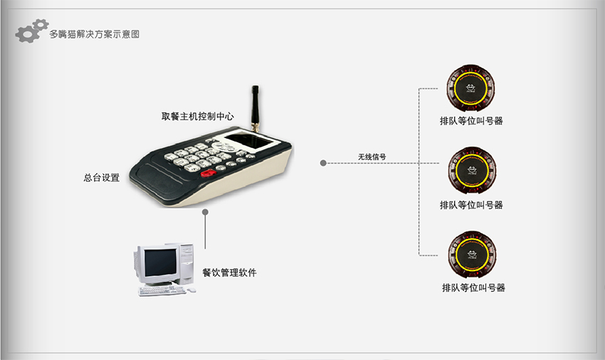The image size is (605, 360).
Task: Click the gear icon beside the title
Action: [x=31, y=31]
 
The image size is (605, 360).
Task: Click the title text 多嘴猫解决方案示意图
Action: [x=94, y=34]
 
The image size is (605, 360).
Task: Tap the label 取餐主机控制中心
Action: [x=198, y=116]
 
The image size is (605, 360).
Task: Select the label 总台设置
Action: [x=102, y=177]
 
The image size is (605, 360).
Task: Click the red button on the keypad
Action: [x=209, y=174]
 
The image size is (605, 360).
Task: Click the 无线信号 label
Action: [x=372, y=157]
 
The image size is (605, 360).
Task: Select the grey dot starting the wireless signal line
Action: [x=323, y=163]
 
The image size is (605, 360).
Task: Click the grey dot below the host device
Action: [x=205, y=212]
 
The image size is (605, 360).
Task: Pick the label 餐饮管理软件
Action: [x=230, y=272]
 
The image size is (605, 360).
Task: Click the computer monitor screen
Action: [x=160, y=262]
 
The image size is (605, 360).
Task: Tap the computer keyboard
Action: [x=162, y=291]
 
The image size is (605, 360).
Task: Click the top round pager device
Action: [x=470, y=88]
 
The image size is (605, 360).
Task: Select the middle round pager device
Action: [x=472, y=170]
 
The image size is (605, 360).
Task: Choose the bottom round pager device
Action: [x=472, y=255]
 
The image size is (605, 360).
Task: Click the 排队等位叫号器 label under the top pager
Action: [x=471, y=121]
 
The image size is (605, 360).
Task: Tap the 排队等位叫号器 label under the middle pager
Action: [x=471, y=205]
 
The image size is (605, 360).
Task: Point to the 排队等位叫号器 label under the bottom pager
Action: [x=473, y=287]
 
